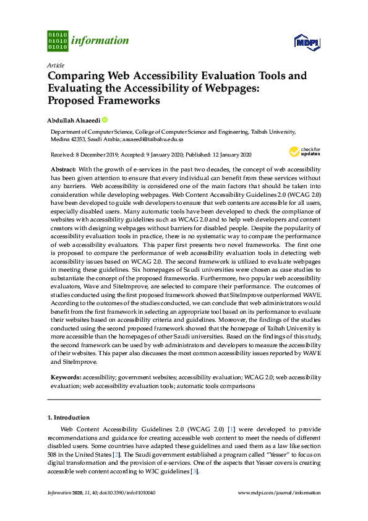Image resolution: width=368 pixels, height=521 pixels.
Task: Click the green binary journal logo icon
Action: click(58, 41)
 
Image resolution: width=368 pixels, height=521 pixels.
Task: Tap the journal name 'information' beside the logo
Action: click(100, 41)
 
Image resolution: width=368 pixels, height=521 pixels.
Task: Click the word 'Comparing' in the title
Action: click(77, 76)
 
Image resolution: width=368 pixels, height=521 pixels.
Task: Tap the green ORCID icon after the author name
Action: click(105, 120)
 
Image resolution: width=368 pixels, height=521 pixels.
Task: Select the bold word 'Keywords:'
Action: click(66, 377)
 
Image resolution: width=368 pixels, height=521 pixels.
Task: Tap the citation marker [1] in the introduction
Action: click(231, 429)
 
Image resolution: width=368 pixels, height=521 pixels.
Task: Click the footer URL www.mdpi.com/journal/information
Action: click(280, 493)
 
